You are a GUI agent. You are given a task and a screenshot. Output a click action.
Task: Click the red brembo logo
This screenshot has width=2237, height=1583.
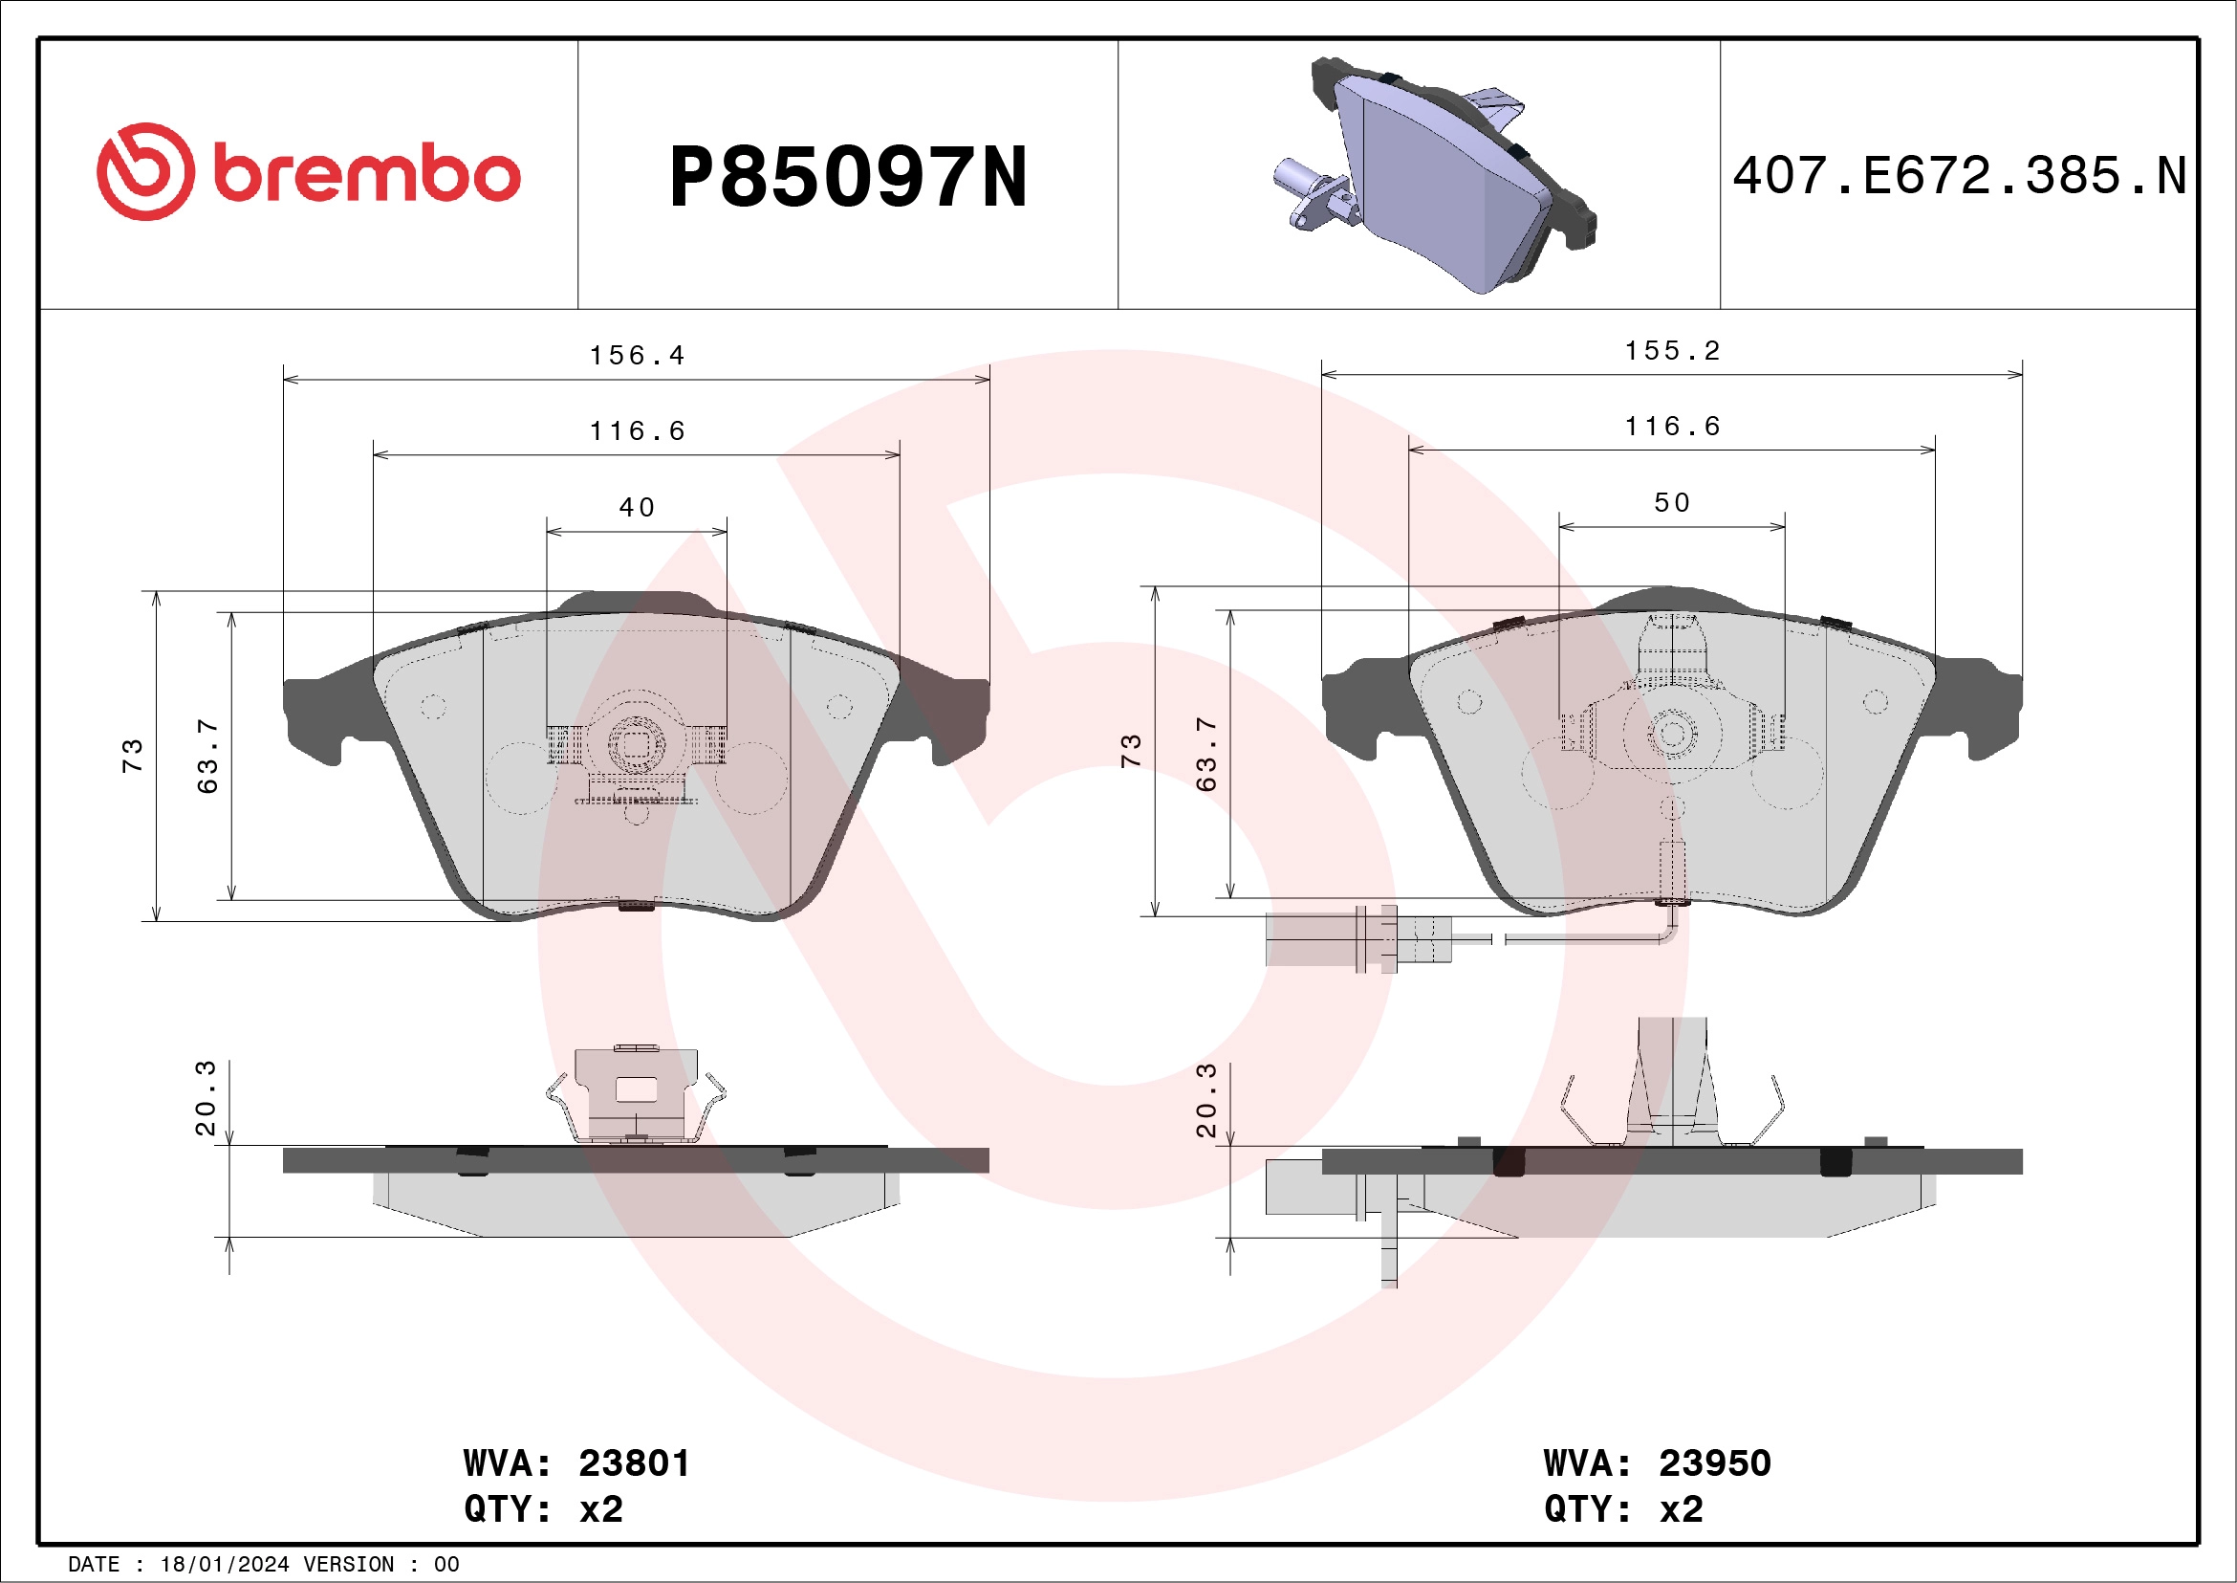point(308,172)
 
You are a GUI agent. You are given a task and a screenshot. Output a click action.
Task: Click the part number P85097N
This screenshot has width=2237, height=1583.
point(848,177)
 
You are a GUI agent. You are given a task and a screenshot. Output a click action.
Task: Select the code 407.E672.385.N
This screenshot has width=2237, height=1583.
point(1959,176)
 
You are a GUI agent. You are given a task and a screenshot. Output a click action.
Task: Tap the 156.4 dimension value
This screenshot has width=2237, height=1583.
point(638,356)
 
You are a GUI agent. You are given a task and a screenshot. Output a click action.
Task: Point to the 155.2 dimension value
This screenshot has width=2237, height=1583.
point(1672,351)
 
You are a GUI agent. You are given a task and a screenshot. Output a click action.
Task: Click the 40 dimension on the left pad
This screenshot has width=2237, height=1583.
point(637,507)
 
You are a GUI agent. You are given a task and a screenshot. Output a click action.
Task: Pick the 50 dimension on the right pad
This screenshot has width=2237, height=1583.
point(1672,503)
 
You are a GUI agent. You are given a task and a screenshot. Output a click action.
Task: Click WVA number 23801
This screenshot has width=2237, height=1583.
point(633,1463)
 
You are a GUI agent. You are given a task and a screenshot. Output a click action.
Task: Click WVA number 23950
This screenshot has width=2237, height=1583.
point(1714,1463)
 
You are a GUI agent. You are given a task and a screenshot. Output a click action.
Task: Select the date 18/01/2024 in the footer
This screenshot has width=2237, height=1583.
point(224,1565)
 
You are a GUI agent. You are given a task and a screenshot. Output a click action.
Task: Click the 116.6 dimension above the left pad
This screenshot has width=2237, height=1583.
point(638,430)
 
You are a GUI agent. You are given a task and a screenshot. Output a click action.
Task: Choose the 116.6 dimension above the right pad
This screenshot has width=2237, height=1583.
point(1672,426)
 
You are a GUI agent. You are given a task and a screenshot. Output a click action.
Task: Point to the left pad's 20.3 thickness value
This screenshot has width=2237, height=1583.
point(206,1099)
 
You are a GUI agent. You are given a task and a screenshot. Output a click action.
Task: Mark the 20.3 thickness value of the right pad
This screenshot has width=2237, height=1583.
point(1206,1101)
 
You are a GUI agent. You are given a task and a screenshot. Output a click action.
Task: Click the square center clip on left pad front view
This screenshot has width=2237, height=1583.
point(637,746)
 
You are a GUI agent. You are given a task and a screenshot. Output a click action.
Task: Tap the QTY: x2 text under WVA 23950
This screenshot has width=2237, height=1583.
point(1623,1509)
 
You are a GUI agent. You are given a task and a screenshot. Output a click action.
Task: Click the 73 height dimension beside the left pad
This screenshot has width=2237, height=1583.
point(133,757)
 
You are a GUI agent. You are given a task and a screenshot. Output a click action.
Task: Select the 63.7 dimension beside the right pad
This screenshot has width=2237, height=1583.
point(1206,755)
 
